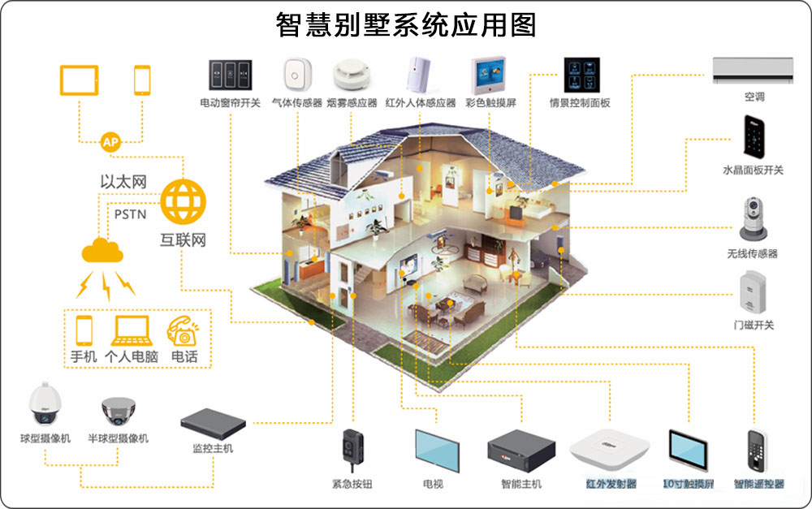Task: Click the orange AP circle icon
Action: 111,143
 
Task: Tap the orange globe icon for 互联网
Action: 184,202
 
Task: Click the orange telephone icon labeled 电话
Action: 184,331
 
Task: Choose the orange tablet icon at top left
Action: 80,80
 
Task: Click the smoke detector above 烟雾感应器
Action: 352,75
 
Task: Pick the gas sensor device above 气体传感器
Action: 295,75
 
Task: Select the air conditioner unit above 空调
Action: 754,70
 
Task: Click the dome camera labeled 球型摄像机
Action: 42,404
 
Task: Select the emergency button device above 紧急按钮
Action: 351,449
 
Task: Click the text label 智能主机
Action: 521,484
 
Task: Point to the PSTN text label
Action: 130,215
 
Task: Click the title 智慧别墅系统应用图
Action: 406,24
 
